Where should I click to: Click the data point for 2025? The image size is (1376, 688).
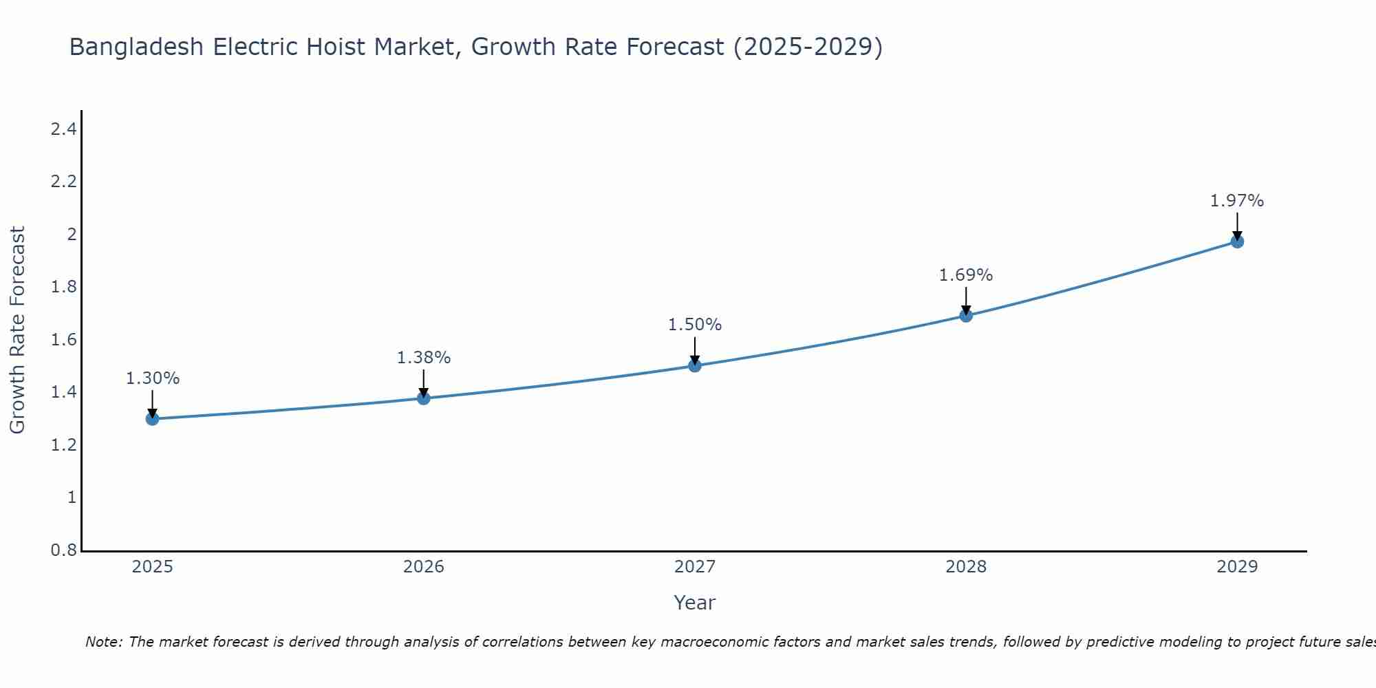pyautogui.click(x=152, y=418)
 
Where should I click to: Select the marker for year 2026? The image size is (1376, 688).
pyautogui.click(x=423, y=398)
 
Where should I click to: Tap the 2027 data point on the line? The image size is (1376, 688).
pyautogui.click(x=695, y=365)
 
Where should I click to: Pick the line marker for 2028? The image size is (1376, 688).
pyautogui.click(x=966, y=316)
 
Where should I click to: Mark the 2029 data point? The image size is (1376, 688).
pyautogui.click(x=1237, y=241)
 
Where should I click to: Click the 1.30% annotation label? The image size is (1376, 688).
pyautogui.click(x=153, y=378)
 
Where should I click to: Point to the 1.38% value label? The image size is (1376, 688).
pyautogui.click(x=424, y=358)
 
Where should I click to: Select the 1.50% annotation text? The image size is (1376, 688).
pyautogui.click(x=695, y=325)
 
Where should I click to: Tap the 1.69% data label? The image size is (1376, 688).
pyautogui.click(x=966, y=275)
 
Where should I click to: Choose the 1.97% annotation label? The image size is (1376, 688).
pyautogui.click(x=1237, y=201)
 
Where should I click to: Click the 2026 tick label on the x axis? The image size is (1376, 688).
pyautogui.click(x=423, y=567)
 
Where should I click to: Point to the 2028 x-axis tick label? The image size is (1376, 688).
pyautogui.click(x=966, y=567)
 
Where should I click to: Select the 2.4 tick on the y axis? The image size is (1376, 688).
pyautogui.click(x=63, y=129)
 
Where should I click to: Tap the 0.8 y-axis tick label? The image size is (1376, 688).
pyautogui.click(x=63, y=550)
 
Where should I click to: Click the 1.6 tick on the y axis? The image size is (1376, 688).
pyautogui.click(x=63, y=340)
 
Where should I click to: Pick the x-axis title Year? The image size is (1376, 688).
pyautogui.click(x=695, y=603)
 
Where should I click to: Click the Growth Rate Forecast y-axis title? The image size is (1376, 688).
pyautogui.click(x=17, y=330)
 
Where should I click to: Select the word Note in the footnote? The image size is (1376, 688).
pyautogui.click(x=103, y=642)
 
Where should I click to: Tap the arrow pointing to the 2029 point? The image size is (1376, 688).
pyautogui.click(x=1237, y=225)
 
